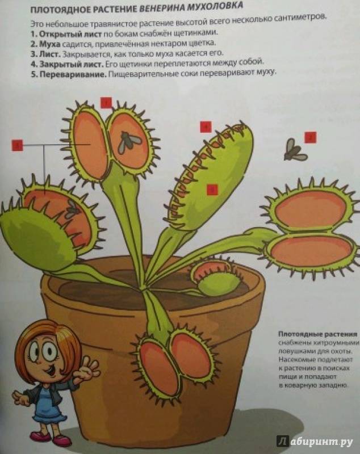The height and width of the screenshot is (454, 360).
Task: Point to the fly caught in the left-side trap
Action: tap(72, 210)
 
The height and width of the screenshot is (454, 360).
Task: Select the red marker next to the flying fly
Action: tap(309, 137)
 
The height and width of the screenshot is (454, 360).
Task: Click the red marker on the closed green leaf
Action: tap(212, 188)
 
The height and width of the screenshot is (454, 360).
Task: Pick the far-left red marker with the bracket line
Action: tap(18, 146)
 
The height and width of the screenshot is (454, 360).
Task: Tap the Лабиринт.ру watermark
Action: tap(316, 440)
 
